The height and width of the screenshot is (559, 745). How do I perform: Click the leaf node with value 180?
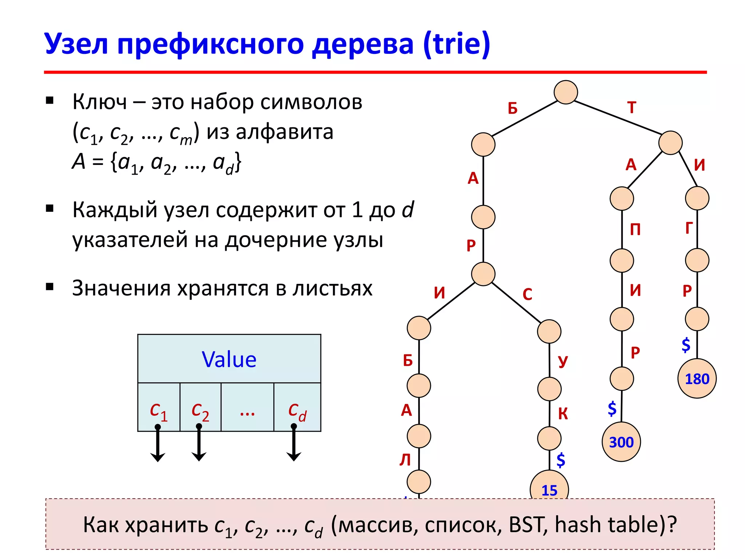pyautogui.click(x=697, y=378)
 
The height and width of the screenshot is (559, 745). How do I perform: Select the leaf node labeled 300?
pyautogui.click(x=621, y=442)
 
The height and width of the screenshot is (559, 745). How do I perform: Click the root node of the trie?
pyautogui.click(x=565, y=92)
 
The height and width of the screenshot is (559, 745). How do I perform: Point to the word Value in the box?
pyautogui.click(x=229, y=360)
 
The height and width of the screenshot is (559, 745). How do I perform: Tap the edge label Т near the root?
pyautogui.click(x=632, y=107)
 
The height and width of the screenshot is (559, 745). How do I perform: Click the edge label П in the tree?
pyautogui.click(x=635, y=230)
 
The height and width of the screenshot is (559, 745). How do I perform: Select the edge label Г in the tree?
pyautogui.click(x=689, y=228)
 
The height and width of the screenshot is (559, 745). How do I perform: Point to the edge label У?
pyautogui.click(x=563, y=361)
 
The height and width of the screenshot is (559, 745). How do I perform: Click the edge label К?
pyautogui.click(x=563, y=414)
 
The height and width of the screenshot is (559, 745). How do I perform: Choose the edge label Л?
pyautogui.click(x=405, y=460)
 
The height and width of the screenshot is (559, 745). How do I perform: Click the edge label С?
pyautogui.click(x=527, y=294)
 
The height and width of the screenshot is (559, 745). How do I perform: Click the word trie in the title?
pyautogui.click(x=457, y=44)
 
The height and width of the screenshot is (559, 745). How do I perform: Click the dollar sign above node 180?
pyautogui.click(x=686, y=345)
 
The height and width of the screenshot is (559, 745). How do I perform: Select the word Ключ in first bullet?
pyautogui.click(x=99, y=102)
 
